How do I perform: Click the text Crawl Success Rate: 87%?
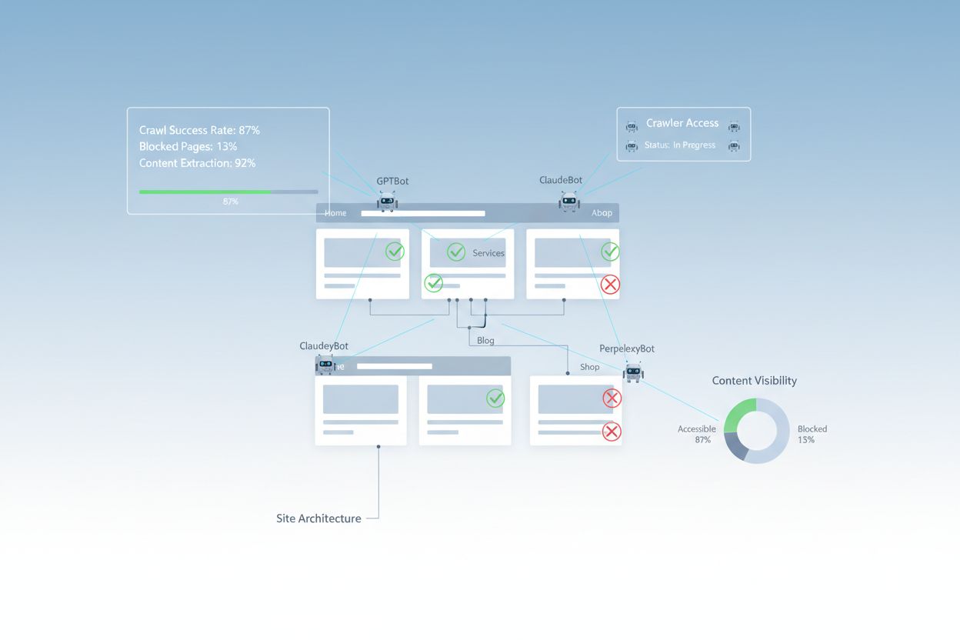(199, 130)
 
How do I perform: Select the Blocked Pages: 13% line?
(188, 146)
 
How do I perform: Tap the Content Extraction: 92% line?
(197, 163)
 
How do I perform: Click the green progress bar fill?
(205, 192)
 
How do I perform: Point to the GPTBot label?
(392, 182)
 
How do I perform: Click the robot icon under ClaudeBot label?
(569, 202)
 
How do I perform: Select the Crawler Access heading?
(682, 123)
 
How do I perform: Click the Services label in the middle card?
(488, 253)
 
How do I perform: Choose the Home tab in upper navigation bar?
(335, 213)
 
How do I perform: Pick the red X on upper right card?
(610, 285)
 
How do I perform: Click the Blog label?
(485, 340)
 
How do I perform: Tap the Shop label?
(590, 367)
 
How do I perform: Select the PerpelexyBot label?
(627, 348)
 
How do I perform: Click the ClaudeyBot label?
(324, 346)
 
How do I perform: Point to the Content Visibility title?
(754, 381)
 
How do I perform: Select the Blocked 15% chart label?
(812, 434)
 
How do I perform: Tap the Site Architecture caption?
(318, 518)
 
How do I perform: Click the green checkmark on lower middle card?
(495, 398)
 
